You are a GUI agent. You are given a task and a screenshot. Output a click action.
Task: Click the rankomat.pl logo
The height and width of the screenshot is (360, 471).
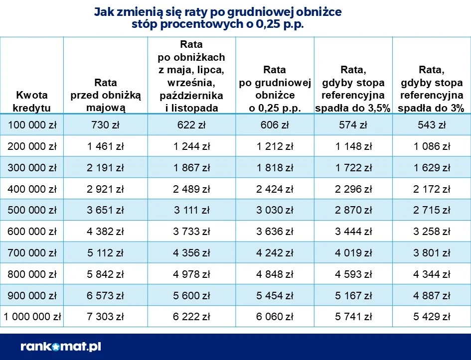point(61,347)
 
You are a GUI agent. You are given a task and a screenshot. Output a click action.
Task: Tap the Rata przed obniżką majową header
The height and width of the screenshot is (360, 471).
point(106,95)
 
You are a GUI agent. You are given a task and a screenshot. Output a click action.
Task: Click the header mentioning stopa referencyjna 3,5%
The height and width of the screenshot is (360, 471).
point(353,89)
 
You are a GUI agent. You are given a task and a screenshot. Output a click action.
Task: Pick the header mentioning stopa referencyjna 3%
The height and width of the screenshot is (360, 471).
point(432,89)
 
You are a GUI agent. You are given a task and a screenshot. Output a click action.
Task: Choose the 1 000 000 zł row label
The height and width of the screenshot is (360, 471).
point(32,317)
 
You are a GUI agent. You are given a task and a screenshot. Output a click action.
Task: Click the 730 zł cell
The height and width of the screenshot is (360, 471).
point(105,125)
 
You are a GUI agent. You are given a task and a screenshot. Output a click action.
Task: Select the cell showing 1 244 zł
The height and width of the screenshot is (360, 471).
point(191,146)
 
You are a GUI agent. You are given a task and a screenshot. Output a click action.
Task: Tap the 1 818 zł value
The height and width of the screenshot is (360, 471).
point(275,168)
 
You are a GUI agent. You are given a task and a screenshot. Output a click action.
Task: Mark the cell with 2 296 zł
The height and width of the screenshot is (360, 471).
point(353,189)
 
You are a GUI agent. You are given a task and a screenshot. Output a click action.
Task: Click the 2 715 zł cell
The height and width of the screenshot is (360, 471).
point(432,210)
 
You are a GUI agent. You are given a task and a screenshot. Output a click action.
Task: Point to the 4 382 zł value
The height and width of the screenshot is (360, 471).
point(105,232)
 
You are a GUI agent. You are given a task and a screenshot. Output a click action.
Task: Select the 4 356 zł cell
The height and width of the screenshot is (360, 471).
point(191,253)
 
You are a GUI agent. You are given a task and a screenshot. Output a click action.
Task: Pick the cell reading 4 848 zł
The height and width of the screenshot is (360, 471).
point(275,274)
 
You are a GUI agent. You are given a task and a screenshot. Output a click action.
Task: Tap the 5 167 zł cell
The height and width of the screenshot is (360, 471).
point(353,295)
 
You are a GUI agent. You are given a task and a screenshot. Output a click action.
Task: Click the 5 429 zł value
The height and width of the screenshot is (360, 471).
point(432,317)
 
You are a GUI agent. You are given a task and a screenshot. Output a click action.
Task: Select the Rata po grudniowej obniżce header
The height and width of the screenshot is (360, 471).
point(275,89)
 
